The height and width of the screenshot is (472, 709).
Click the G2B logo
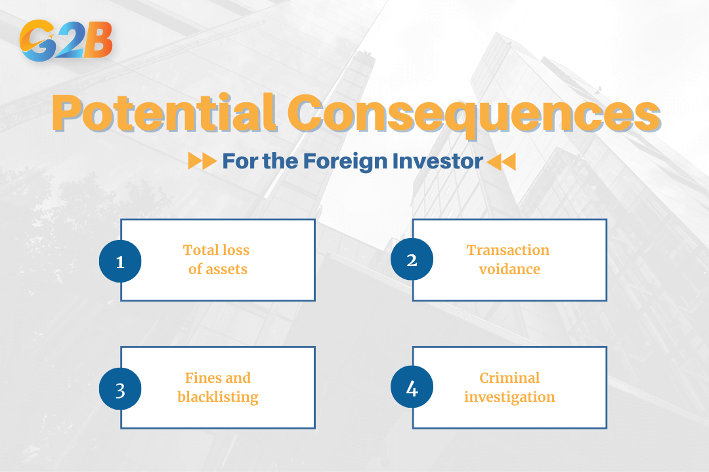pos(66,41)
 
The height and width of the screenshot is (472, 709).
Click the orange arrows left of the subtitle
pos(202,161)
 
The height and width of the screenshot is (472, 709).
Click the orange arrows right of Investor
pos(502,161)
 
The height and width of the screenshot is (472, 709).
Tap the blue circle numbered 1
pos(120,261)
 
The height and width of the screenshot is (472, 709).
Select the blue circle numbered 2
pos(412,260)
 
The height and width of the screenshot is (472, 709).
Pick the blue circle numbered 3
pos(120,389)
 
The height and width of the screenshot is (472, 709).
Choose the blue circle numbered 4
pos(412,388)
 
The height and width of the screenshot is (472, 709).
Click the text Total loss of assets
pos(217,260)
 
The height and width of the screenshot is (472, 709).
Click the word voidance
pos(509,269)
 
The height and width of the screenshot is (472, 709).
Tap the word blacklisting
pos(217,397)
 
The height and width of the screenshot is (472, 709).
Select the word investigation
pos(509,397)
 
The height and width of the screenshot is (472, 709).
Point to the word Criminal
pos(509,378)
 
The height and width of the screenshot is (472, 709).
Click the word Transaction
pos(507,250)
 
